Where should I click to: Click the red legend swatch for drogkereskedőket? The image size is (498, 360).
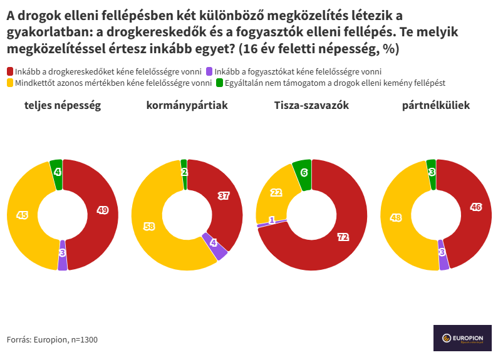[10, 72]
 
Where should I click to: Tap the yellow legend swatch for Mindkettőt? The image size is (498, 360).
[10, 83]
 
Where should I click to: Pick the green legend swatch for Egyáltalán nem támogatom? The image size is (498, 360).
[219, 83]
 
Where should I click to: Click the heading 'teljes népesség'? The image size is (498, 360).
[63, 106]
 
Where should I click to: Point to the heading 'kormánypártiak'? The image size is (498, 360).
[187, 106]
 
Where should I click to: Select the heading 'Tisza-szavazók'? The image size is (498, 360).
[311, 106]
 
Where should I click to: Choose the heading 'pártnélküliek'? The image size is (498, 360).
[436, 106]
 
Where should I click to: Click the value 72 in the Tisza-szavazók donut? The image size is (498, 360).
[343, 237]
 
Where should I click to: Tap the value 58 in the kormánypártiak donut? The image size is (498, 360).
[149, 227]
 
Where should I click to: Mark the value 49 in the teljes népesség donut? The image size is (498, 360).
[103, 210]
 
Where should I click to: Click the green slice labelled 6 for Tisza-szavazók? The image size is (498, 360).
[304, 172]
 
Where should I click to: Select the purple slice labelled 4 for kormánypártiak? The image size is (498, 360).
[214, 243]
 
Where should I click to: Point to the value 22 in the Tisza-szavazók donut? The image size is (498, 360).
[276, 193]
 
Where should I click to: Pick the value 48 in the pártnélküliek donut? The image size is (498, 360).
[396, 218]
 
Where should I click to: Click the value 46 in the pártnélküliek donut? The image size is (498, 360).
[476, 207]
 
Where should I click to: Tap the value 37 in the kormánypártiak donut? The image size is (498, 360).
[224, 195]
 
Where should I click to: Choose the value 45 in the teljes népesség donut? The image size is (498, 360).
[22, 215]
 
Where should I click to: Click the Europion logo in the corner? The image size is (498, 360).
[462, 338]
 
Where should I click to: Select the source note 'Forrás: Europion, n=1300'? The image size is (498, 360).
[52, 340]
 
